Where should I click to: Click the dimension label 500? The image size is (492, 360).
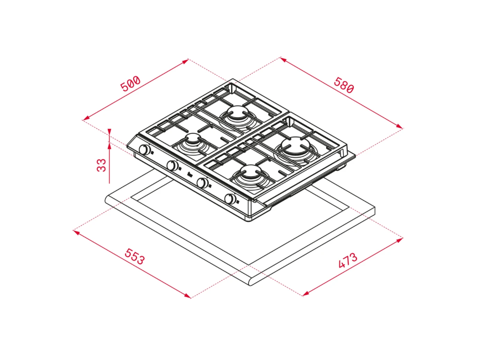[x=130, y=84]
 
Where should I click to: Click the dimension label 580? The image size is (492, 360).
[x=344, y=85]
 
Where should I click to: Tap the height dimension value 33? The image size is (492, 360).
[x=101, y=165]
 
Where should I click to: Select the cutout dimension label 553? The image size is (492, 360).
[x=135, y=257]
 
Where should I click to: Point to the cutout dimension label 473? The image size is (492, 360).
[x=348, y=260]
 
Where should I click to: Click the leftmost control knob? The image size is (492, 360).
[x=144, y=149]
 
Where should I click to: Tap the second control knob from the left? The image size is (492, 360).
[x=172, y=165]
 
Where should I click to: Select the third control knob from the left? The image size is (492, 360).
[x=202, y=182]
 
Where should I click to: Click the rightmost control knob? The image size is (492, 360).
[x=231, y=199]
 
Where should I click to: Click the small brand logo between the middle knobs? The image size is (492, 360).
[x=189, y=175]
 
